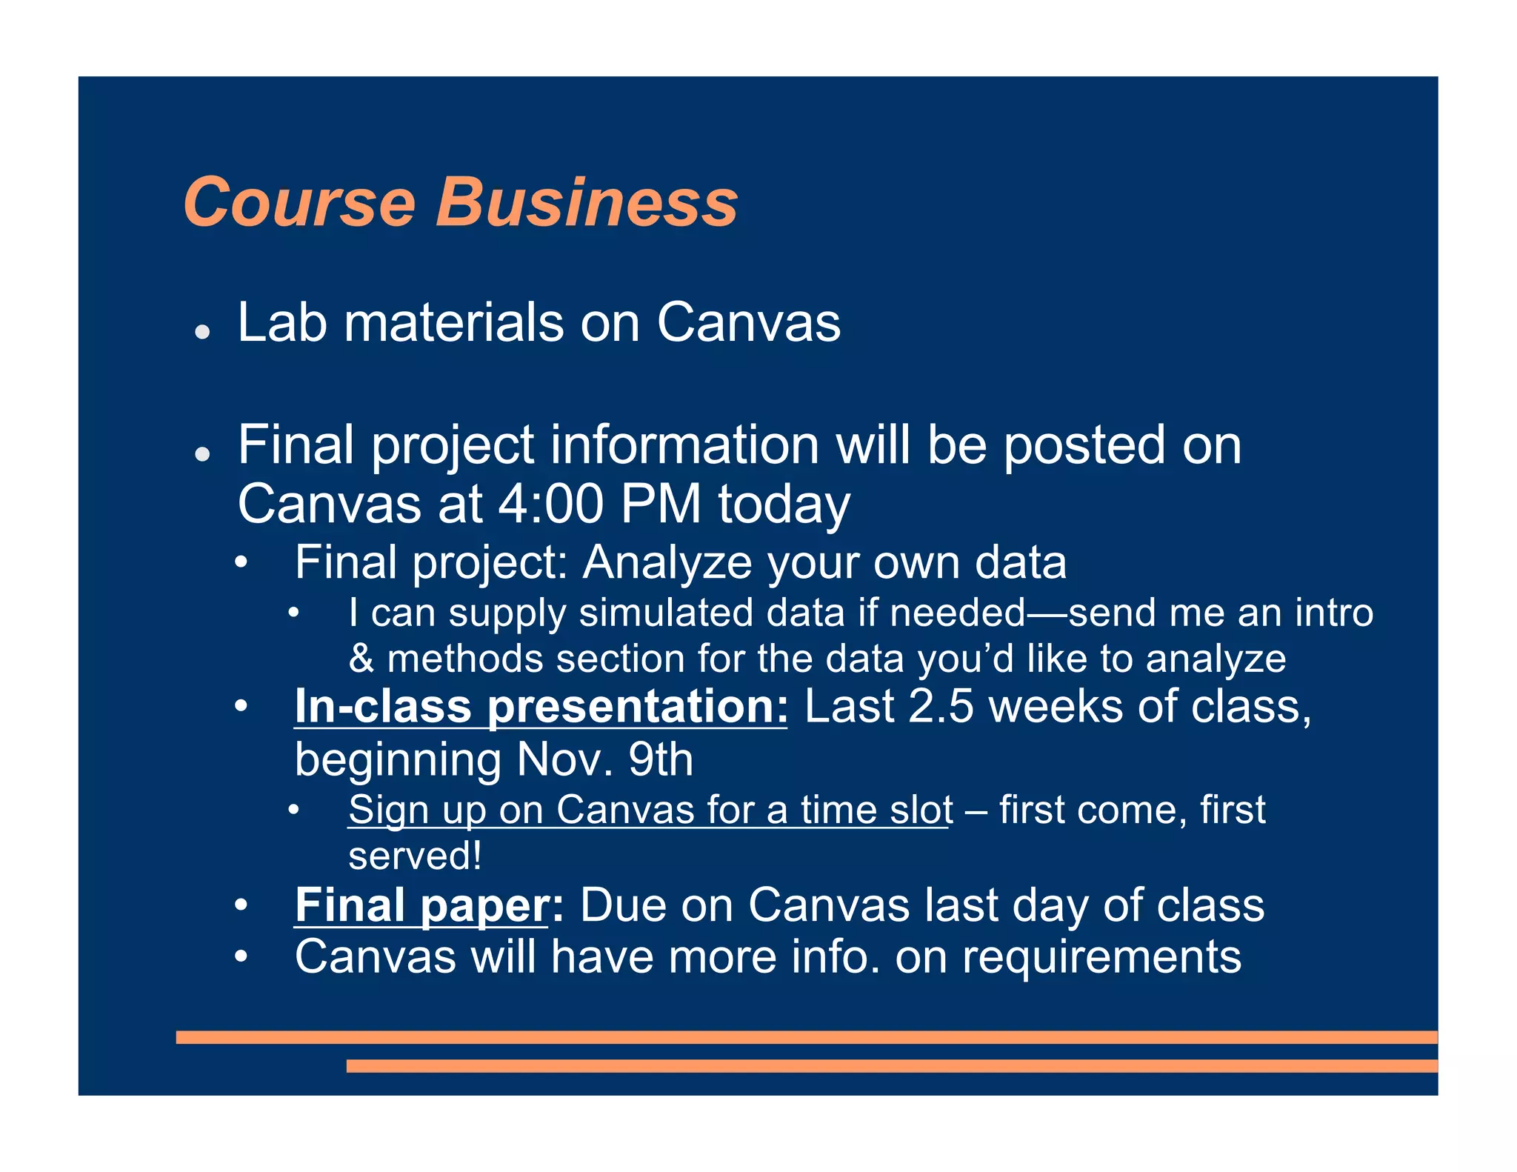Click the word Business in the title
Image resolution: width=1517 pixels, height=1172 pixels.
point(587,202)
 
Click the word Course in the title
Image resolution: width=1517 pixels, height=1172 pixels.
point(299,202)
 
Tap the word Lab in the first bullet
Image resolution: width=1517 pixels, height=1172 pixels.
point(281,323)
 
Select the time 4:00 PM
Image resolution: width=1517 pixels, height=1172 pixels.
point(599,505)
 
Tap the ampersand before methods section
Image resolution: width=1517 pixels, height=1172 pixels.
point(361,659)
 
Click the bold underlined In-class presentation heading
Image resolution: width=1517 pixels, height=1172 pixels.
point(541,706)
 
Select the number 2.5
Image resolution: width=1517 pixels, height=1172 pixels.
point(941,706)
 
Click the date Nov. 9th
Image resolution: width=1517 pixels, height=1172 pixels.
point(604,760)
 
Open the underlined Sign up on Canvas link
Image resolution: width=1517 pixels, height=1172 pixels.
point(650,810)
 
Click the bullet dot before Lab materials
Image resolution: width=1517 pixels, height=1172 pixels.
point(202,331)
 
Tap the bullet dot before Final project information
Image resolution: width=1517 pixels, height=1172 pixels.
point(202,453)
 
